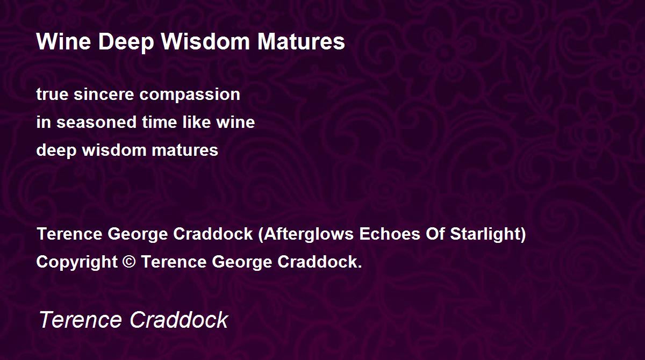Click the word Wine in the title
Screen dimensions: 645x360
click(63, 42)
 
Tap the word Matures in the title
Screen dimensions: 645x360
click(301, 42)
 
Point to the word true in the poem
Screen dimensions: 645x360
click(53, 95)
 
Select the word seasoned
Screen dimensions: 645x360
click(96, 123)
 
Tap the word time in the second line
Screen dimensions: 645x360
click(159, 122)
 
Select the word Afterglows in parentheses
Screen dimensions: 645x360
click(309, 234)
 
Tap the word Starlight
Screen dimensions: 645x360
click(485, 234)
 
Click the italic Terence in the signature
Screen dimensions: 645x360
click(80, 320)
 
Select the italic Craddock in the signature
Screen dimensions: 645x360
click(179, 320)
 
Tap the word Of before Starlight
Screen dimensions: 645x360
click(435, 234)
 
